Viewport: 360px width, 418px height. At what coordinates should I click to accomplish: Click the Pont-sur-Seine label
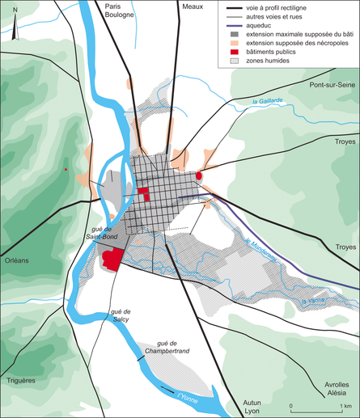(x=332, y=84)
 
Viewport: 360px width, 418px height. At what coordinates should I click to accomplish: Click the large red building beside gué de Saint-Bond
(x=112, y=259)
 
